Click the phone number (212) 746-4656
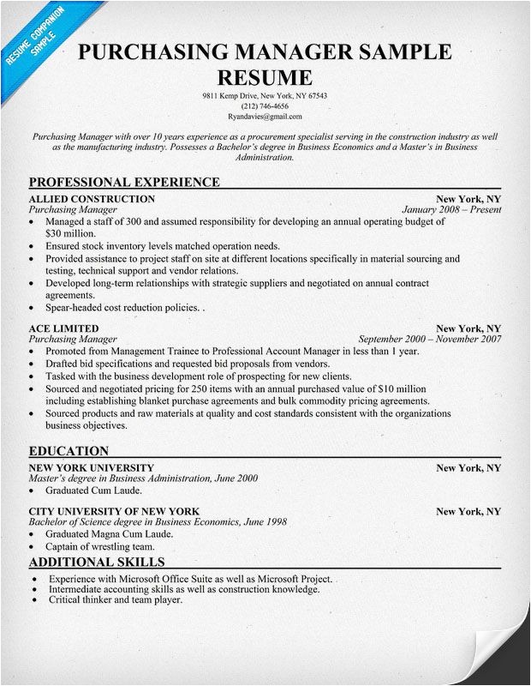click(x=265, y=105)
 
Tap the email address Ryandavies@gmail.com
click(x=265, y=116)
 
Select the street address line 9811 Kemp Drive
click(x=265, y=95)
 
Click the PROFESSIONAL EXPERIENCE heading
click(x=124, y=182)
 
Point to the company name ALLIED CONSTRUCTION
click(x=92, y=198)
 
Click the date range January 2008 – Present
click(x=451, y=209)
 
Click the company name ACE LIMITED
click(x=64, y=328)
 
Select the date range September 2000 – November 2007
click(x=429, y=340)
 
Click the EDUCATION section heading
click(x=69, y=451)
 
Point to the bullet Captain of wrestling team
click(x=100, y=546)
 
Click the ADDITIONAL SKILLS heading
click(x=96, y=563)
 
